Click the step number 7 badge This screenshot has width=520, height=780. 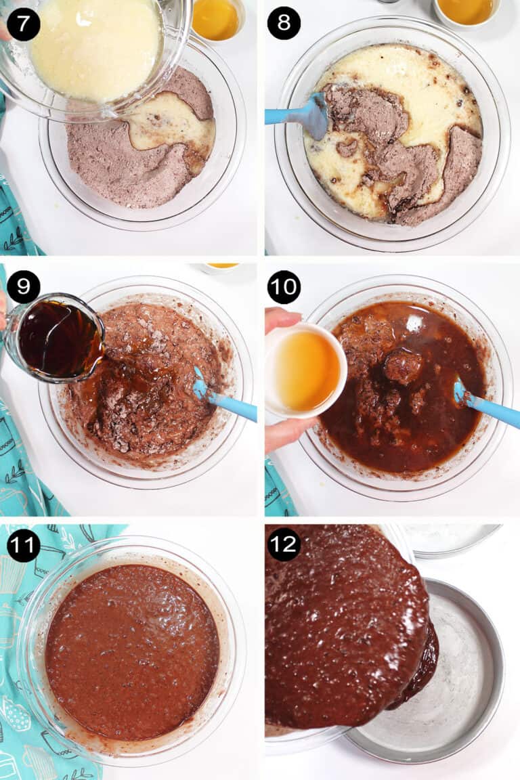pyautogui.click(x=24, y=24)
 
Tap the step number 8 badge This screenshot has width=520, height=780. pyautogui.click(x=284, y=24)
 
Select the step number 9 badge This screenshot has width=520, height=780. pyautogui.click(x=24, y=286)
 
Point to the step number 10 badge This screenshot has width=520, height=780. pyautogui.click(x=284, y=286)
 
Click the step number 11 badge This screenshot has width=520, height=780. pyautogui.click(x=24, y=546)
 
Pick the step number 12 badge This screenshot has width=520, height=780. pyautogui.click(x=284, y=546)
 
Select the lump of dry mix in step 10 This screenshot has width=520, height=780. pyautogui.click(x=402, y=366)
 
